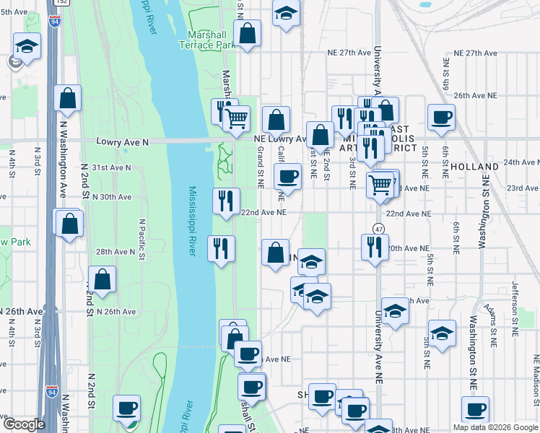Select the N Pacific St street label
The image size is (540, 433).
tap(142, 239)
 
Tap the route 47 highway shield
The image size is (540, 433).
tap(378, 229)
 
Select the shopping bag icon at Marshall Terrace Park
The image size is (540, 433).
tap(248, 33)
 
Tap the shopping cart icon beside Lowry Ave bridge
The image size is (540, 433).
tap(237, 118)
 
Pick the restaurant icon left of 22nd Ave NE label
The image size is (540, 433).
tap(227, 200)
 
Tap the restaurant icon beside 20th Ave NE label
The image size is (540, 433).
tap(375, 246)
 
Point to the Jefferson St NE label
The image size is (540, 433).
tap(515, 310)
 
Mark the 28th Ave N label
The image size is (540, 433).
tap(115, 252)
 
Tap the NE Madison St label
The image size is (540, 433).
tap(536, 382)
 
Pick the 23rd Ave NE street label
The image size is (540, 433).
tap(522, 188)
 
